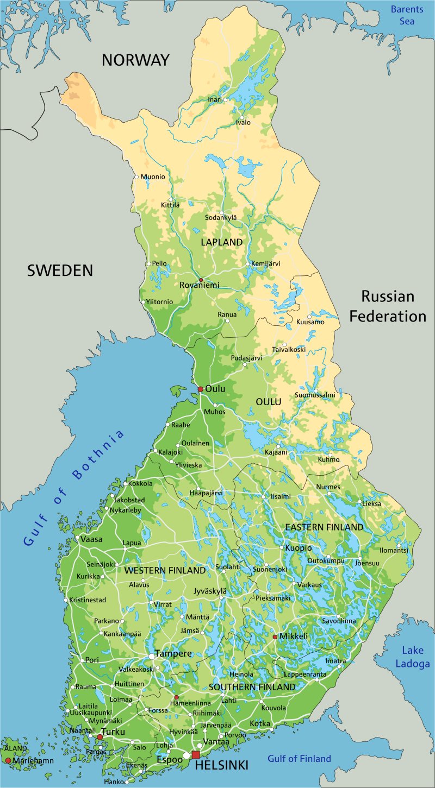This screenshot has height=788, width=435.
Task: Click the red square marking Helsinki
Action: (x=196, y=755)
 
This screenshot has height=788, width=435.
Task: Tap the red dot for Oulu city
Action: (x=200, y=389)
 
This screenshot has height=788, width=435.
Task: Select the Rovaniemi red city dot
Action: (x=201, y=280)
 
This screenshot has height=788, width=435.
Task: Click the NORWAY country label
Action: (x=135, y=60)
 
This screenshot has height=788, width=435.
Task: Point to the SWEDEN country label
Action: (x=60, y=270)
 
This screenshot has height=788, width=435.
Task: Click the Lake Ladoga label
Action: (x=415, y=657)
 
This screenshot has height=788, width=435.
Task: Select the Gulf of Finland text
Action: (x=299, y=759)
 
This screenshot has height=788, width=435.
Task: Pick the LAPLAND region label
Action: (x=222, y=242)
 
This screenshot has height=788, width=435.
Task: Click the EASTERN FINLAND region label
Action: (x=324, y=527)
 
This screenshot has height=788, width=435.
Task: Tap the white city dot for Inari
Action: (x=225, y=100)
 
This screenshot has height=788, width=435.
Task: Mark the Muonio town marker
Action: (x=136, y=176)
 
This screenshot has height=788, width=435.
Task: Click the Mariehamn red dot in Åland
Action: (x=8, y=760)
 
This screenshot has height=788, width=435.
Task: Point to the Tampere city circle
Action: (x=152, y=656)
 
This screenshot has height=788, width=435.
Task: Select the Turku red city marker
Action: (x=100, y=737)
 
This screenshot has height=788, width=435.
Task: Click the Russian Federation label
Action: (x=388, y=306)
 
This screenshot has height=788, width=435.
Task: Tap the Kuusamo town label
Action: (x=310, y=322)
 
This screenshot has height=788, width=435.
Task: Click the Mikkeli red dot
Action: (x=275, y=636)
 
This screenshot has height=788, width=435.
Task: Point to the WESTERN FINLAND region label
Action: (x=165, y=571)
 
